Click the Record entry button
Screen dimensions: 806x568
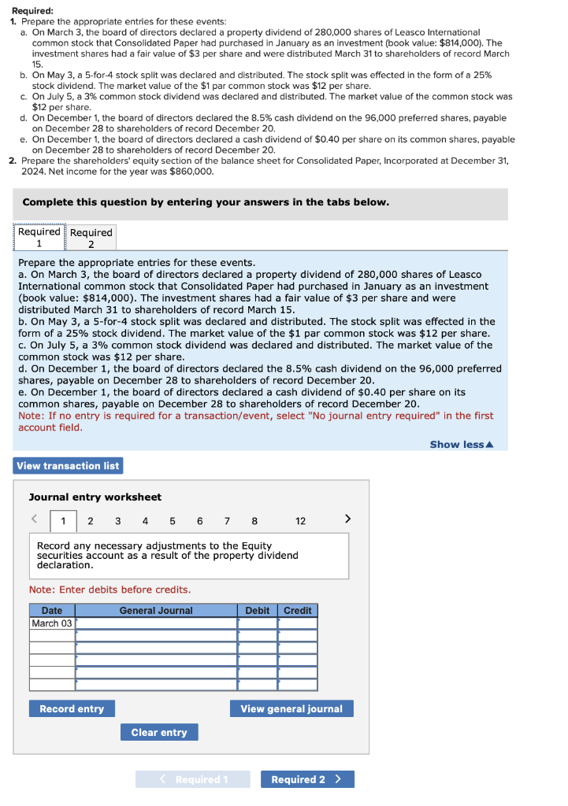(72, 708)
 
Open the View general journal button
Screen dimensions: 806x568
(291, 708)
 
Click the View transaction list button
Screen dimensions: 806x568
(68, 466)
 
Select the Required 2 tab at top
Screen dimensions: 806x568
(91, 238)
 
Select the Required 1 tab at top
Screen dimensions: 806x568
(39, 238)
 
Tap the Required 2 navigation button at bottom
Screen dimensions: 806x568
(307, 779)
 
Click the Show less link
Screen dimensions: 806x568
(461, 445)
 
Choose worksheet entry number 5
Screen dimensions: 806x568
(173, 521)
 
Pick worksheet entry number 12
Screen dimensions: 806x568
(301, 521)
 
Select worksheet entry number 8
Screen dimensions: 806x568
(254, 521)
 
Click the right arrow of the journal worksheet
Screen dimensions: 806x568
(349, 519)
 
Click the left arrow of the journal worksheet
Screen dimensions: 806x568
(35, 519)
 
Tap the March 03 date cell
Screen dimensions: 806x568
(52, 623)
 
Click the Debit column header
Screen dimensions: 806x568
(258, 610)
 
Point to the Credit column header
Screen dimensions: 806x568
(298, 610)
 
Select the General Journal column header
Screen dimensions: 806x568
(156, 610)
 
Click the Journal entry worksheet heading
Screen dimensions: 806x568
(95, 497)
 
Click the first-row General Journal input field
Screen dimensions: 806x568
(156, 623)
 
